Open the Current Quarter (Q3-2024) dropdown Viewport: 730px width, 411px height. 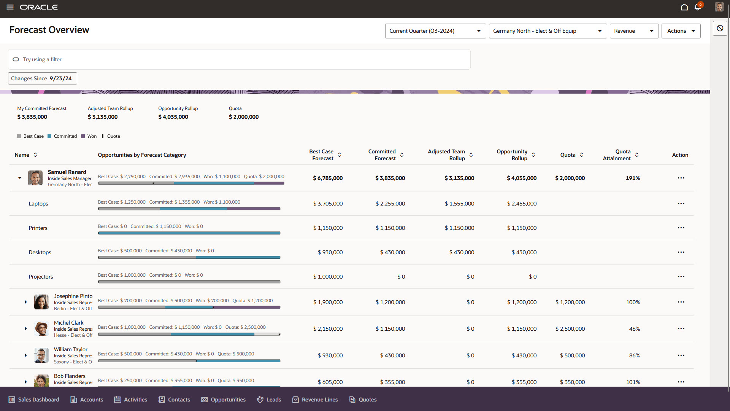[435, 31]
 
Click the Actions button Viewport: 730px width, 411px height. [681, 31]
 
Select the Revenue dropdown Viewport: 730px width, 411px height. [633, 31]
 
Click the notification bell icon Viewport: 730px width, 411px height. [697, 7]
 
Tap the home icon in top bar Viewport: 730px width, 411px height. [684, 7]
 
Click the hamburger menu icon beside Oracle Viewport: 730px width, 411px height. [10, 7]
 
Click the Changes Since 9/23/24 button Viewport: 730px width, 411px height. [42, 78]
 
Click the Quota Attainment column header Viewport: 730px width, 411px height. [617, 155]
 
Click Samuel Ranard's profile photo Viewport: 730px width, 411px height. [35, 178]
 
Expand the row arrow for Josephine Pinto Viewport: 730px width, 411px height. [26, 302]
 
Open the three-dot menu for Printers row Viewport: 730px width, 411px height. [681, 228]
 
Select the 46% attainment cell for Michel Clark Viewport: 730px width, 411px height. [634, 329]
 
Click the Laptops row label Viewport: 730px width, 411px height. [38, 204]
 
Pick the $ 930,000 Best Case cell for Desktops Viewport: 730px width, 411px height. [330, 252]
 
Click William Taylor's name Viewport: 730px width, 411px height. [71, 349]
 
